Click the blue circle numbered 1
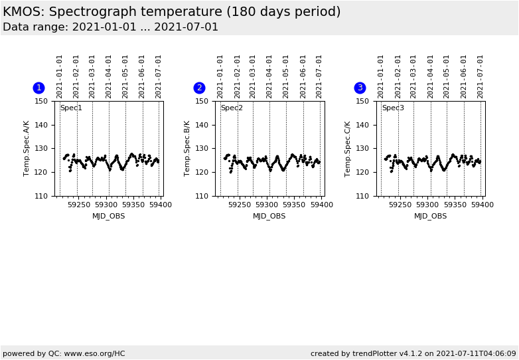point(38,88)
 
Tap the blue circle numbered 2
point(199,88)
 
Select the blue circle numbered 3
point(360,88)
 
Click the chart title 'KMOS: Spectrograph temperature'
point(171,12)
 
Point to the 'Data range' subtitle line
point(110,27)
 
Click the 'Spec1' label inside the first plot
point(71,108)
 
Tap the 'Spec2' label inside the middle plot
point(232,108)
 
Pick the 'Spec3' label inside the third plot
point(392,108)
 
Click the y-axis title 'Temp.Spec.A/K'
point(27,148)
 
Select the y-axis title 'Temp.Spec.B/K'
point(187,148)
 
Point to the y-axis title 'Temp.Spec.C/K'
point(348,148)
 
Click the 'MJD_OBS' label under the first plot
point(108,216)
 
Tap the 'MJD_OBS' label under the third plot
point(430,216)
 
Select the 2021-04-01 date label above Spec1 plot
point(109,76)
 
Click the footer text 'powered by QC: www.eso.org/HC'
point(64,353)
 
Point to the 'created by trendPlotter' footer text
point(413,353)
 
